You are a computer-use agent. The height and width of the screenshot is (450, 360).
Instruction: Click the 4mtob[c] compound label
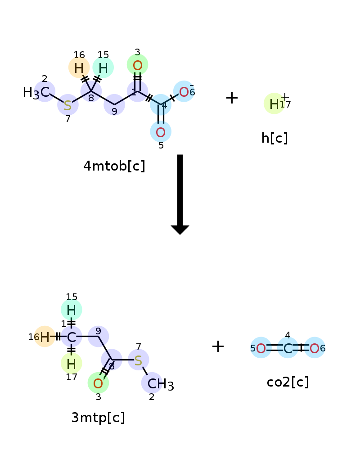(x=114, y=166)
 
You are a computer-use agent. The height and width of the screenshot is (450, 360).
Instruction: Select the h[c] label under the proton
(x=274, y=138)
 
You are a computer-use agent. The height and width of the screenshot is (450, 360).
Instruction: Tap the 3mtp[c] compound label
(x=98, y=417)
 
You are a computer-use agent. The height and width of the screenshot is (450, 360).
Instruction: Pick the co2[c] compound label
(x=288, y=382)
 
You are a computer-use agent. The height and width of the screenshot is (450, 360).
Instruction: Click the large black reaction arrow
(x=180, y=194)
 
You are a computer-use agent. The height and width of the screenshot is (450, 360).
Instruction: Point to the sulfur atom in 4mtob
(x=68, y=105)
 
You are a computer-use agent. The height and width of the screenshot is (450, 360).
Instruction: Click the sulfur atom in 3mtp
(x=138, y=360)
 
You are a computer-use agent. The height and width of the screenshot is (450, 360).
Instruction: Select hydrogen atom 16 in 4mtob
(x=79, y=68)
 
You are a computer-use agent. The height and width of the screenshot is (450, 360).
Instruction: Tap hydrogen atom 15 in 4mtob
(x=103, y=68)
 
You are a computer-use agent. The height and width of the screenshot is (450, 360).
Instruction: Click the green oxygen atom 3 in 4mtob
(x=138, y=65)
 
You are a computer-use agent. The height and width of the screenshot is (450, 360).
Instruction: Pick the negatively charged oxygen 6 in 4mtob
(x=184, y=92)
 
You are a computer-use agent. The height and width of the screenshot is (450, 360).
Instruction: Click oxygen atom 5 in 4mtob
(x=161, y=132)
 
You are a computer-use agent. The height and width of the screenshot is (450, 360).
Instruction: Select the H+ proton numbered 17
(x=274, y=104)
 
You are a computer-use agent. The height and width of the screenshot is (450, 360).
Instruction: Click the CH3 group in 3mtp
(x=161, y=384)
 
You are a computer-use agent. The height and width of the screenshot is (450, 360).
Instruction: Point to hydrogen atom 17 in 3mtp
(x=72, y=364)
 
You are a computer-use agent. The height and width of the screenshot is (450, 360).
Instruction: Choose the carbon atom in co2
(x=288, y=348)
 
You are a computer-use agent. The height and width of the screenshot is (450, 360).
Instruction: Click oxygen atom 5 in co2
(x=261, y=348)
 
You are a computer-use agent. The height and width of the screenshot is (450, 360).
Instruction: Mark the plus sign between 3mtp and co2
(x=218, y=346)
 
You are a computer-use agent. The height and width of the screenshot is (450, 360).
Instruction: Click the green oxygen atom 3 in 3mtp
(x=98, y=383)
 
